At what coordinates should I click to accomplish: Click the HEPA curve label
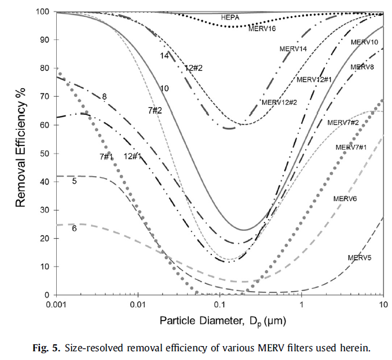[x=230, y=18]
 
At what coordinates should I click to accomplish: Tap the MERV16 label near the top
[x=262, y=27]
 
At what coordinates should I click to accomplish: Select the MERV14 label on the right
[x=292, y=49]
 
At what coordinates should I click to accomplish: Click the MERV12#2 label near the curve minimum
[x=279, y=103]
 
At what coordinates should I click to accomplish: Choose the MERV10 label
[x=364, y=42]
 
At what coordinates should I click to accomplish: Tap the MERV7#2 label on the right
[x=343, y=122]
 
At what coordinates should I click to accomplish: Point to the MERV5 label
[x=359, y=257]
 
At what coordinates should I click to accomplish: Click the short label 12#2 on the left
[x=193, y=68]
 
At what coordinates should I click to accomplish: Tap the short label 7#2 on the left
[x=155, y=110]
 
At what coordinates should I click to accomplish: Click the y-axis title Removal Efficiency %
[x=21, y=152]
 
